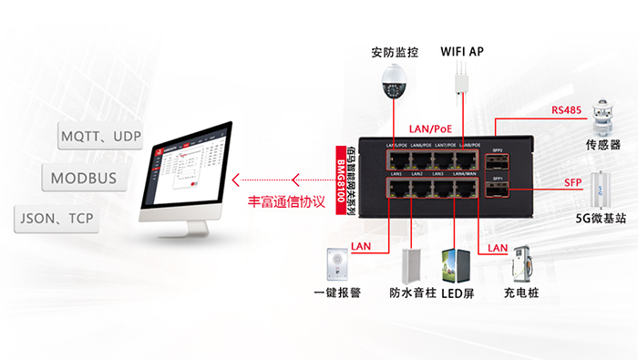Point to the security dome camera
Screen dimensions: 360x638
click(x=393, y=87)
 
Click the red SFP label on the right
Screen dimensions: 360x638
click(x=572, y=183)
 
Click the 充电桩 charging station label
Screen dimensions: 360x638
click(x=521, y=295)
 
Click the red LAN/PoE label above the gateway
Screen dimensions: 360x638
click(x=435, y=129)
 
